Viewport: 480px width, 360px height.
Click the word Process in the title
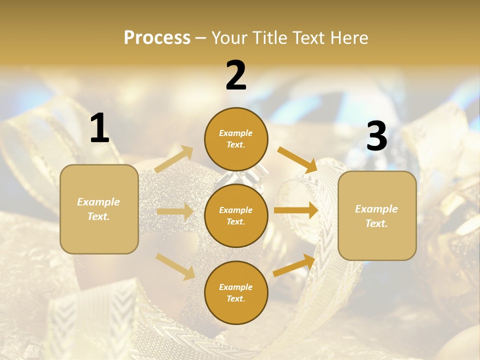157,37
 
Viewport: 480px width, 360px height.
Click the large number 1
99,128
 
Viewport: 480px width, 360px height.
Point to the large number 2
236,75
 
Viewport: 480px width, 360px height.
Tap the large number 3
376,136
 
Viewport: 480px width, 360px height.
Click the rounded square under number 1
99,209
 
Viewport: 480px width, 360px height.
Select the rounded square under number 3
377,215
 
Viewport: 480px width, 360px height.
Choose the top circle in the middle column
236,139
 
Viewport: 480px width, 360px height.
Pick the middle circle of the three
236,215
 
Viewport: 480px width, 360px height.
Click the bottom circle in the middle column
236,292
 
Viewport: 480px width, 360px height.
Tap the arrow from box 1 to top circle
174,159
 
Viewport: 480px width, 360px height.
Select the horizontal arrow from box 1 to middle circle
175,212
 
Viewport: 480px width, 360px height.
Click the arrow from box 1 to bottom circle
175,266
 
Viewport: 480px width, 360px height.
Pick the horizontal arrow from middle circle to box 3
296,210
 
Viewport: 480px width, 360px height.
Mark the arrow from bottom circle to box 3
294,265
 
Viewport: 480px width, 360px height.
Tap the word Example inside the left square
98,202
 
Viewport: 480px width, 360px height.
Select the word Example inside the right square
376,209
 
